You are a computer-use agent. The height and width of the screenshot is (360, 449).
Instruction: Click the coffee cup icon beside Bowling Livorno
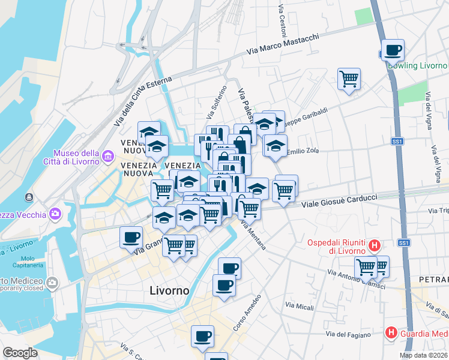tap(393, 50)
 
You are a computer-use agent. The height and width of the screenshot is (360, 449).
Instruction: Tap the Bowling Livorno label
tap(418, 65)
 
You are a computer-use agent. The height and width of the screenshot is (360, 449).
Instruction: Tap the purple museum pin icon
tap(108, 157)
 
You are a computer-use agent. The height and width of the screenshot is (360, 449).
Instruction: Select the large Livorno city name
tap(169, 290)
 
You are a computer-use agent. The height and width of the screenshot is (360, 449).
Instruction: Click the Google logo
tap(20, 353)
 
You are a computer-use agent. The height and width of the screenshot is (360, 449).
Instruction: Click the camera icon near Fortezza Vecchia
tap(56, 213)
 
